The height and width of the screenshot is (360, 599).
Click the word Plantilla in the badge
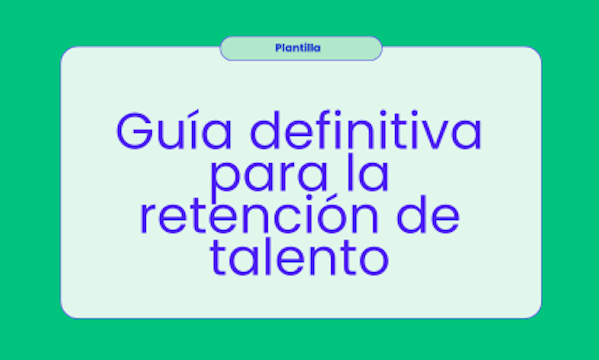point(298,48)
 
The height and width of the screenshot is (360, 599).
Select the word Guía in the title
point(174,130)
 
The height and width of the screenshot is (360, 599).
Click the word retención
point(259,214)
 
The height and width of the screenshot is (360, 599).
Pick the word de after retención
point(428,215)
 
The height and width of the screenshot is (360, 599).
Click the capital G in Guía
point(134,131)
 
